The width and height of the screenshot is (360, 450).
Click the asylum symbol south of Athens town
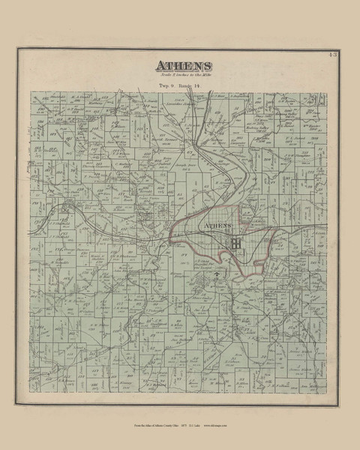(218, 276)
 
